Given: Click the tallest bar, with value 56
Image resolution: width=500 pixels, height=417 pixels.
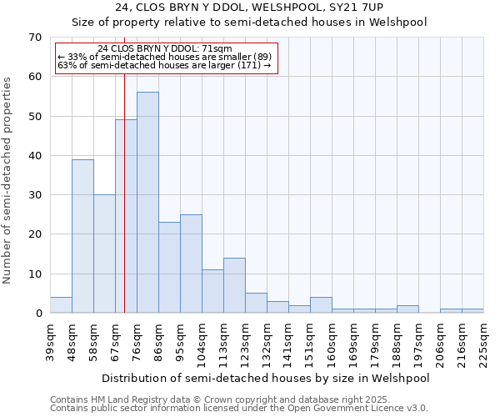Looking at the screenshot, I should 147,203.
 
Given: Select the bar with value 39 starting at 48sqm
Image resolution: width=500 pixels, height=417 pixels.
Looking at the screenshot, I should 82,236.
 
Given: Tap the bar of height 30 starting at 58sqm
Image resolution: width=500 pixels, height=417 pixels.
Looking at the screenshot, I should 104,254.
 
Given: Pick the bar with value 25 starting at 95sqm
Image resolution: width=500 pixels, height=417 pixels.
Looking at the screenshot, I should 191,264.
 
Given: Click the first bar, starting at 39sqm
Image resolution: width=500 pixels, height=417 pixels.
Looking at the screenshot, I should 61,305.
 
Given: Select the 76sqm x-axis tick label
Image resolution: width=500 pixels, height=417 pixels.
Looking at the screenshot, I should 137,339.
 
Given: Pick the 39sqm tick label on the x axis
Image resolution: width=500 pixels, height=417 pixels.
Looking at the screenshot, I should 50,339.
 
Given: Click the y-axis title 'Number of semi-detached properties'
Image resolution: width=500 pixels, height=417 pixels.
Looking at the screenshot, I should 8,180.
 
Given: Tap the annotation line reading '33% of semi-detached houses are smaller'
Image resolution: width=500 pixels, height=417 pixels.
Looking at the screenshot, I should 164,57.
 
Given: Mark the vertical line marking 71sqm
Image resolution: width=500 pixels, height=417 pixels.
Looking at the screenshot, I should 124,192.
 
